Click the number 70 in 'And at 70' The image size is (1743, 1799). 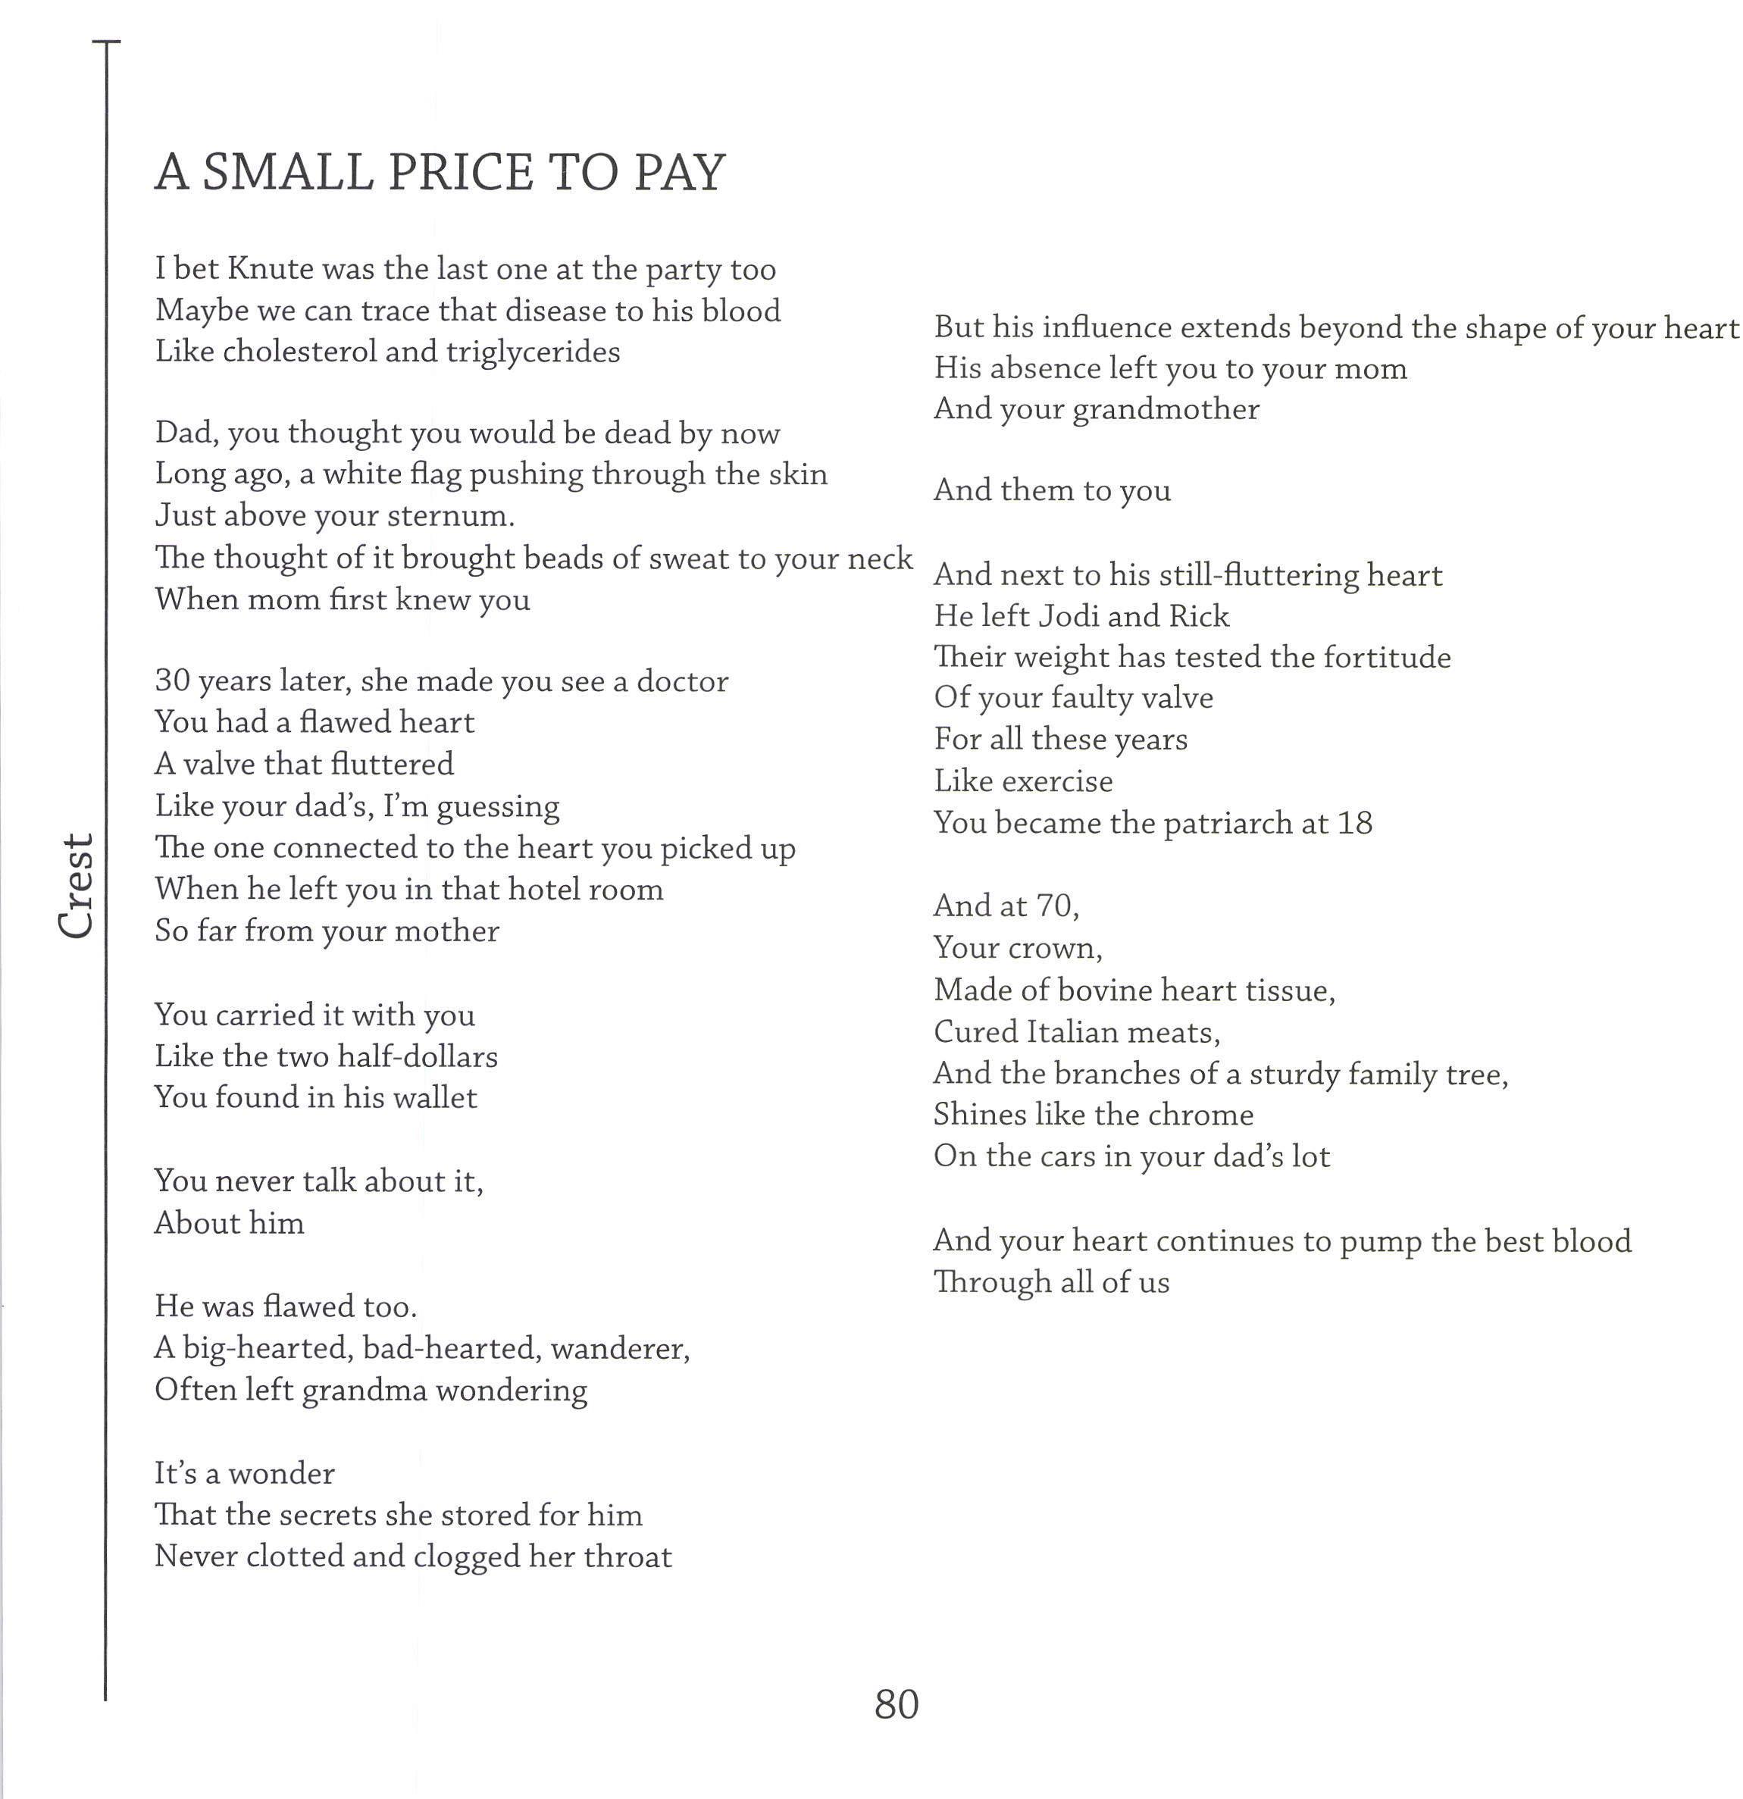(1056, 906)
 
